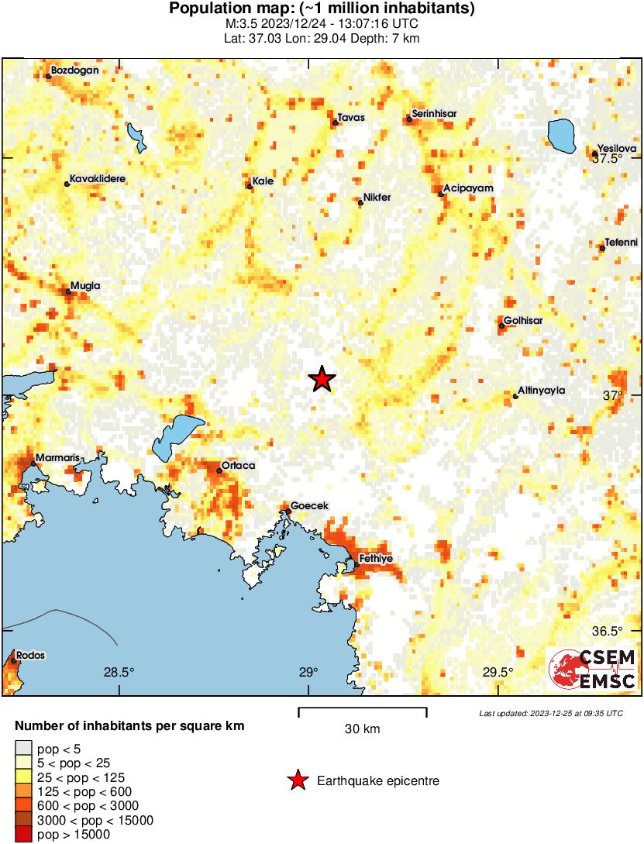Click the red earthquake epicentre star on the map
pyautogui.click(x=322, y=379)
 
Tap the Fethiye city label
pyautogui.click(x=376, y=558)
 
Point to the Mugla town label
pyautogui.click(x=85, y=285)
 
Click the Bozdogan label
pyautogui.click(x=74, y=71)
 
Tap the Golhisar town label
pyautogui.click(x=523, y=320)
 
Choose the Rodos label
pyautogui.click(x=30, y=655)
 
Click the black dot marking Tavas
pyautogui.click(x=335, y=122)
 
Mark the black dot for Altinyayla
pyautogui.click(x=515, y=397)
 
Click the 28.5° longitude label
pyautogui.click(x=119, y=672)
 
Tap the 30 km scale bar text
pyautogui.click(x=362, y=729)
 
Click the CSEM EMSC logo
pyautogui.click(x=593, y=669)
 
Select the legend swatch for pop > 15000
pyautogui.click(x=23, y=835)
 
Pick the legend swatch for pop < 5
pyautogui.click(x=23, y=749)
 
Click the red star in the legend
pyautogui.click(x=297, y=781)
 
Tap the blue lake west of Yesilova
pyautogui.click(x=561, y=136)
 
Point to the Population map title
pyautogui.click(x=322, y=9)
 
